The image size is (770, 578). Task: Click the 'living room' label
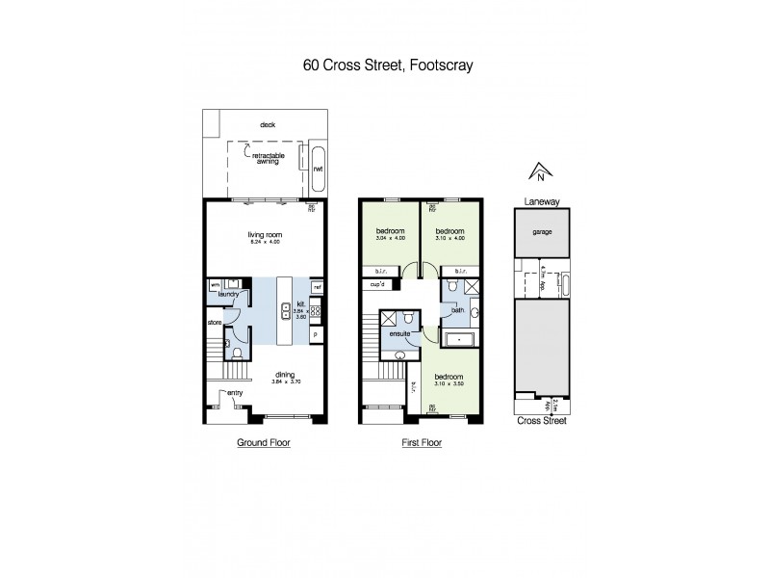coord(264,232)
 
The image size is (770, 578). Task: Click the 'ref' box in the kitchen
coord(317,286)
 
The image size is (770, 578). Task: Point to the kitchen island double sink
coord(286,310)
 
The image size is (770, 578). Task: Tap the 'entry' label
coord(235,393)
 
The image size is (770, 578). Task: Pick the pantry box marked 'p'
coord(316,333)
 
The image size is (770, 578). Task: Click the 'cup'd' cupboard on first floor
coord(376,284)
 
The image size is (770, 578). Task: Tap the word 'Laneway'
coord(542,202)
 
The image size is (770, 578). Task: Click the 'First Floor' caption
coord(420,443)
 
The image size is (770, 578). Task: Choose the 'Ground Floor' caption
coord(264,443)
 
